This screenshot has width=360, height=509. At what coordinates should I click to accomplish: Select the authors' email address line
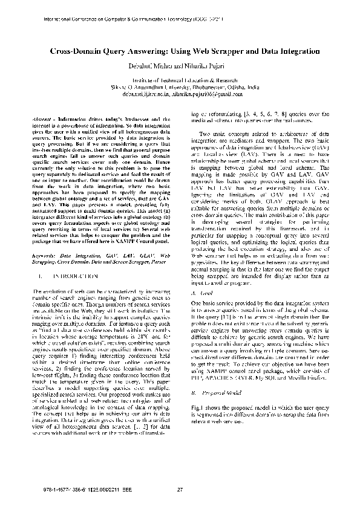point(180,94)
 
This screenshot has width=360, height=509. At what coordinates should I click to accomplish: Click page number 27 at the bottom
point(179,489)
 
